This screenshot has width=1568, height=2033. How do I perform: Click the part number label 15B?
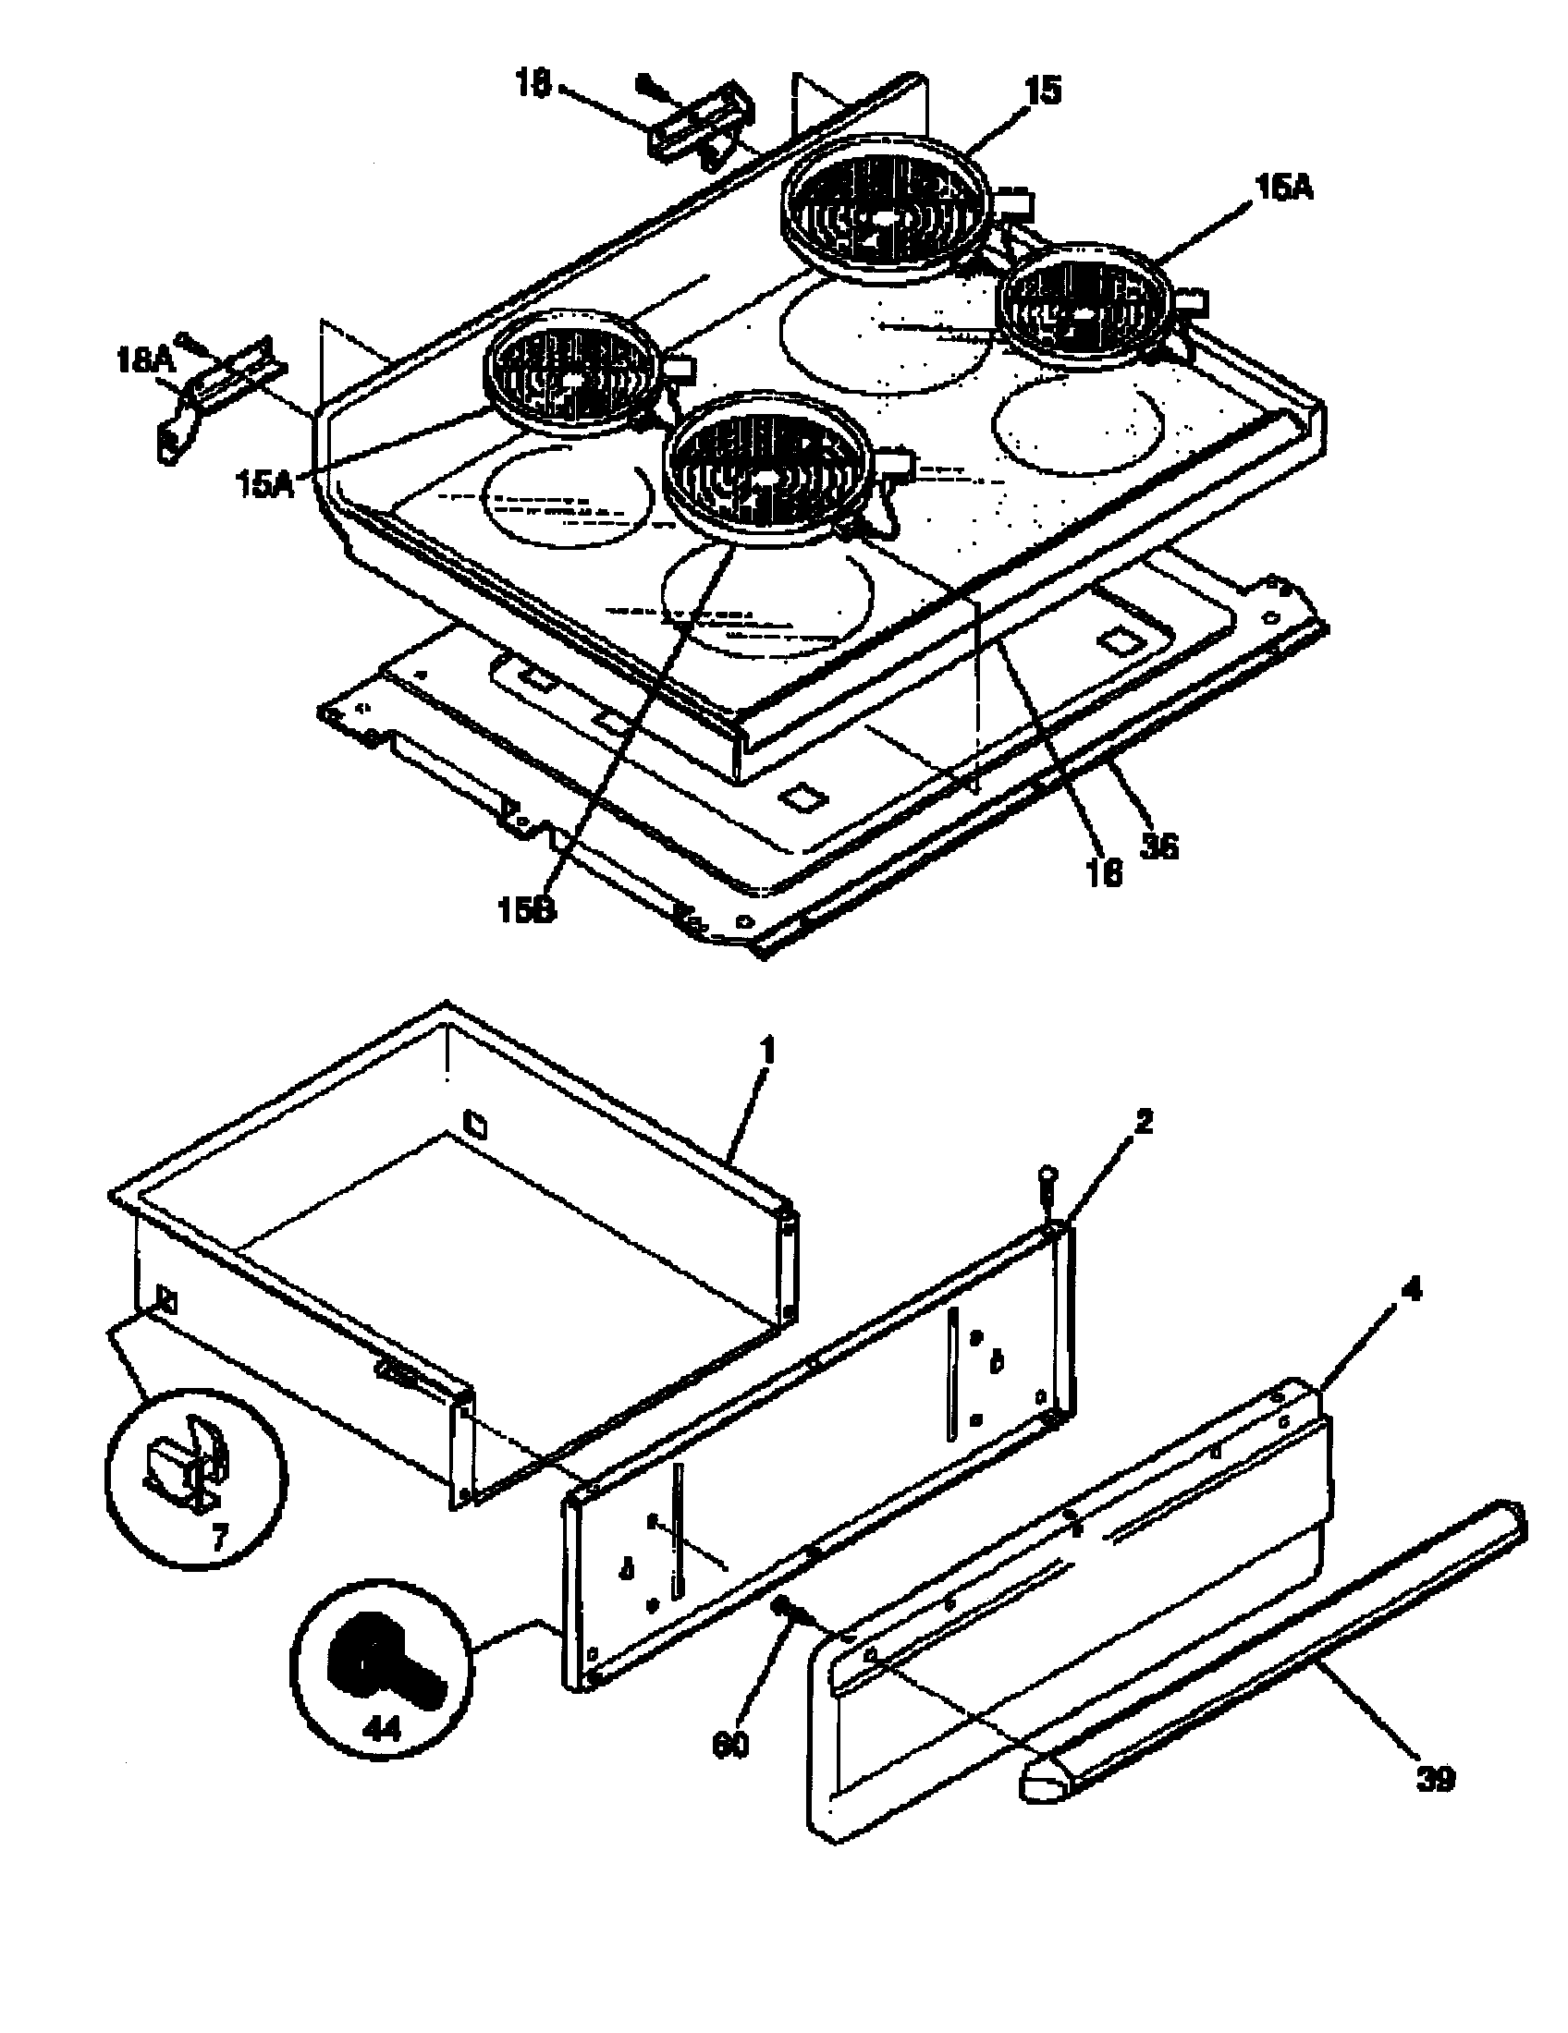click(527, 910)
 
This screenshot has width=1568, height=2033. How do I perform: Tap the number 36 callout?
click(1159, 846)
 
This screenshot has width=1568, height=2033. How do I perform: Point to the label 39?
click(1435, 1779)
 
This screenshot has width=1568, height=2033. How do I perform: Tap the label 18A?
click(141, 360)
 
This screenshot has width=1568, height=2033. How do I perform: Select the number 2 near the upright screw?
click(1144, 1123)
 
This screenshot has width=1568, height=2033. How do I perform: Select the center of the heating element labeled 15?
click(879, 213)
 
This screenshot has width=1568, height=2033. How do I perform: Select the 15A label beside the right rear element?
click(1283, 189)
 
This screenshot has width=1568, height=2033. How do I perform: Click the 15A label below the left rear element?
click(265, 484)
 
